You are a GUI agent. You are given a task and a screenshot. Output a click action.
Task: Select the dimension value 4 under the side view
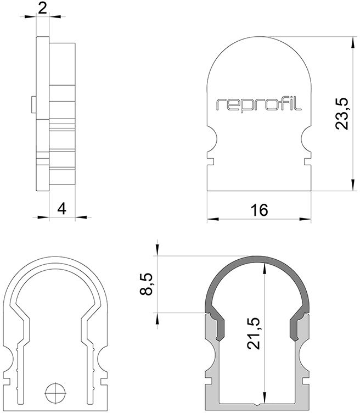(61, 209)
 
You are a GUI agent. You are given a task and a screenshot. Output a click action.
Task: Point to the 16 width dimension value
(259, 210)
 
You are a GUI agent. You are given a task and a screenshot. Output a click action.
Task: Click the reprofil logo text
(259, 104)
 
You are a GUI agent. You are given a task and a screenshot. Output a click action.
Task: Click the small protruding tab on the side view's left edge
(34, 105)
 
